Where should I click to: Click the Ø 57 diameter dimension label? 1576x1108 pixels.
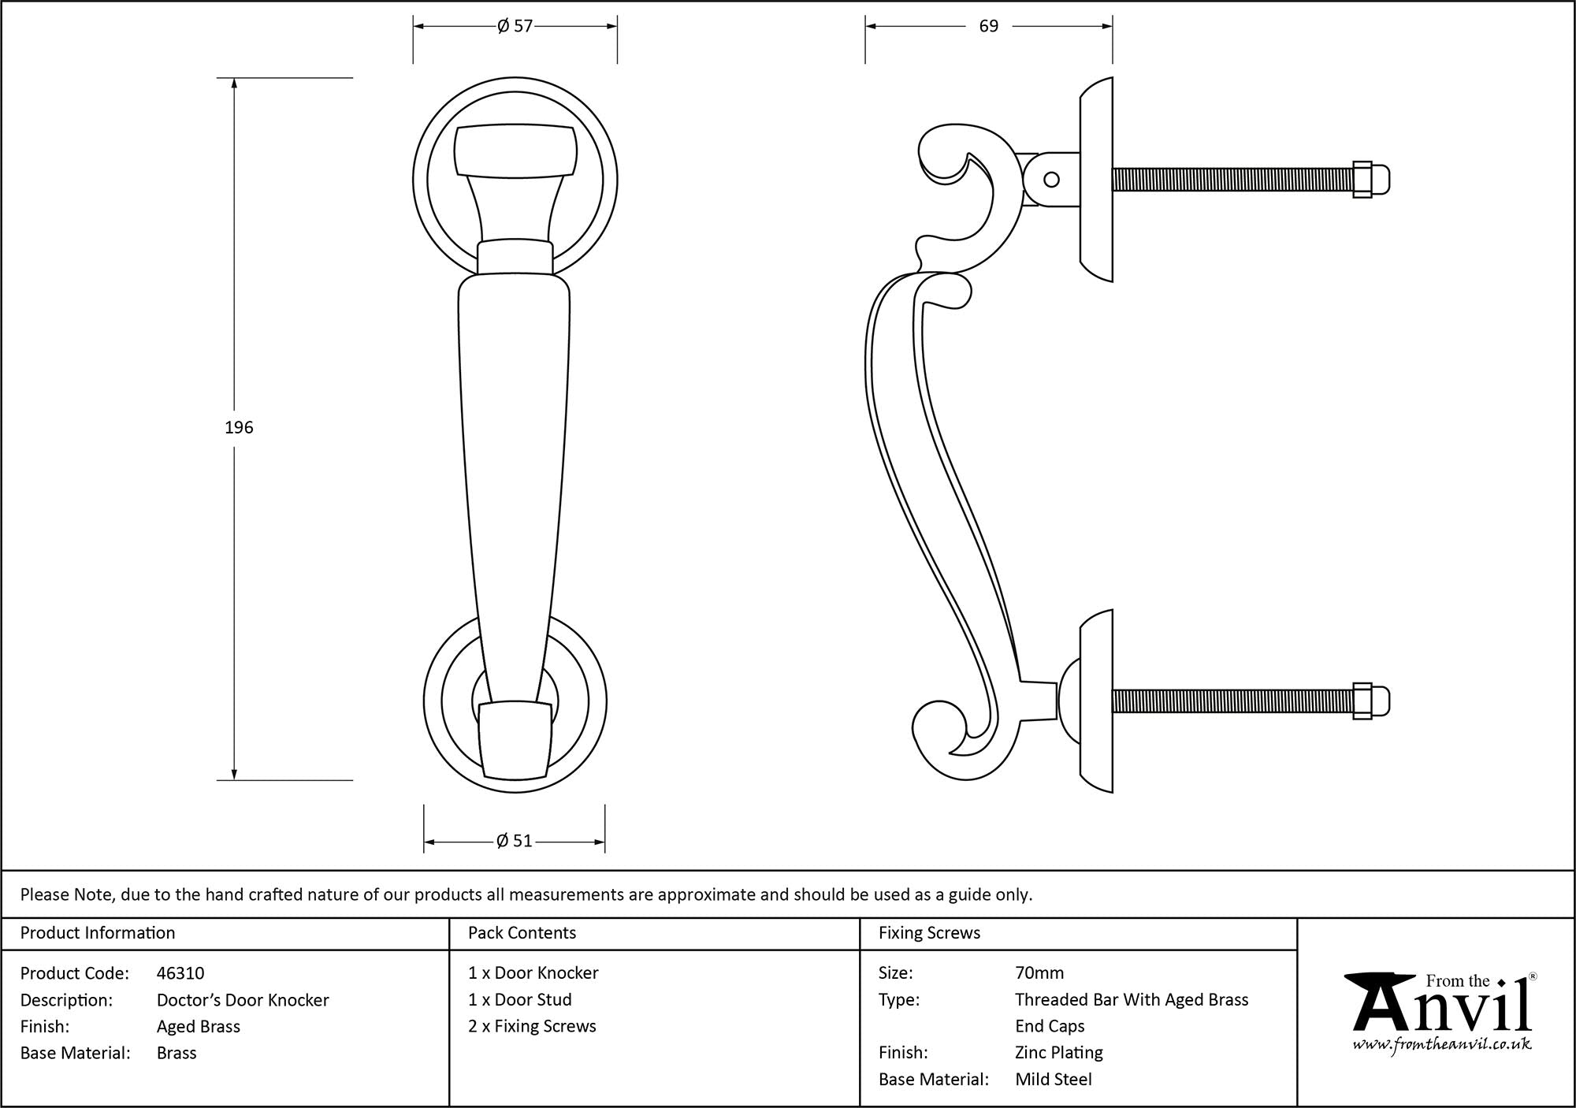coord(515,27)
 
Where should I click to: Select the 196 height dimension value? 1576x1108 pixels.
coord(239,428)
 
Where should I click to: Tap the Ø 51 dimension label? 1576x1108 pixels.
coord(515,842)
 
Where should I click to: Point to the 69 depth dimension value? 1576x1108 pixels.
coord(988,27)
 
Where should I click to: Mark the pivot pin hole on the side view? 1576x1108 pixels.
coord(1051,180)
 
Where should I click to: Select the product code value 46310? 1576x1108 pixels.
coord(180,973)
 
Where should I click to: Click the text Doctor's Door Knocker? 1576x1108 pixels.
coord(243,1000)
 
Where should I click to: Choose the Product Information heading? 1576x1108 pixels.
coord(98,933)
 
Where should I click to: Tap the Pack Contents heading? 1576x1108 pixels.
coord(522,933)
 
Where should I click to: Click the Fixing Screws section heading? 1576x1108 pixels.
coord(929,933)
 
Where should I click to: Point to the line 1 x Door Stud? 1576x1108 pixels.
coord(519,999)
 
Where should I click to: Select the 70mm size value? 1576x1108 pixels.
coord(1039,973)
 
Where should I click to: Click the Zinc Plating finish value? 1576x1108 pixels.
coord(1058,1053)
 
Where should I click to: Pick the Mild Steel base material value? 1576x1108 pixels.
coord(1053,1080)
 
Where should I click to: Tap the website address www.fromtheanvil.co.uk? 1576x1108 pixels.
coord(1442,1045)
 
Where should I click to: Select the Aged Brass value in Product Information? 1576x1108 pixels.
coord(198,1027)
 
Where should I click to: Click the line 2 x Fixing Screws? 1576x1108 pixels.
coord(532,1026)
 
